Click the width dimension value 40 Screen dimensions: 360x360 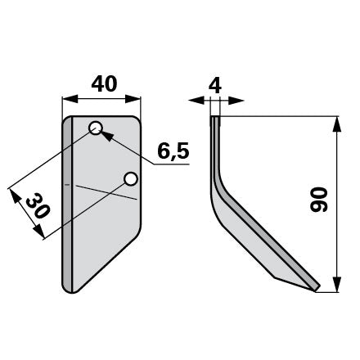pos(104,83)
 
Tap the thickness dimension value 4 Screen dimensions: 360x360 pos(215,85)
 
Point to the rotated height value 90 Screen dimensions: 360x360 pos(318,200)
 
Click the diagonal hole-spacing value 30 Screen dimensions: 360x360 pos(38,205)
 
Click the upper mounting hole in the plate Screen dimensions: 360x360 pos(96,128)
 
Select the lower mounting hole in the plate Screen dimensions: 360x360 pos(131,179)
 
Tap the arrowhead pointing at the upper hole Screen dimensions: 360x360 pos(106,136)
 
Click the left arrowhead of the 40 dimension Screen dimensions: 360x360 pos(70,99)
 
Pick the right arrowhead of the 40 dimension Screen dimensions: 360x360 pos(133,99)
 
